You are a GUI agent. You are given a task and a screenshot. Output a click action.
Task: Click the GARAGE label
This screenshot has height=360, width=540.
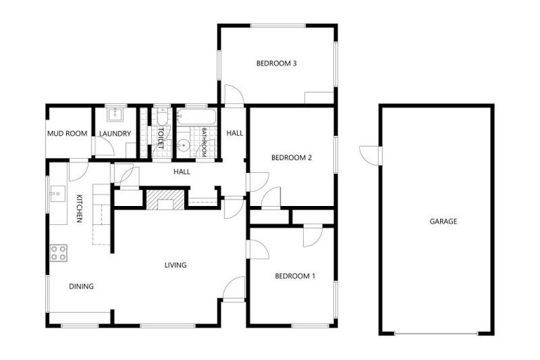tap(443, 221)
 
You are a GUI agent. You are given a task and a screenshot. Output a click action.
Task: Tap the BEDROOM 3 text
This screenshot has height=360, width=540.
tap(276, 63)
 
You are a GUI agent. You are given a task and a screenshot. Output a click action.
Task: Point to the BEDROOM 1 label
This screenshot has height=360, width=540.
tap(295, 276)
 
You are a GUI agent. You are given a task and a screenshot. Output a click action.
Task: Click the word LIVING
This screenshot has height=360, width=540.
tap(175, 265)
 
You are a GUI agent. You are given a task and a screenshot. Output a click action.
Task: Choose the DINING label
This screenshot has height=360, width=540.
tap(81, 286)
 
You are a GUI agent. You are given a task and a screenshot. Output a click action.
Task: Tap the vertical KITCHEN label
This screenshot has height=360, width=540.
tap(79, 209)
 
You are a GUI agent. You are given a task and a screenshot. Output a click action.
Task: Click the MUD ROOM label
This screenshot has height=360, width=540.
tap(67, 134)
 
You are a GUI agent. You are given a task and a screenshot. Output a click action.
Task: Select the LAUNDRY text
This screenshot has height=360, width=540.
tap(114, 134)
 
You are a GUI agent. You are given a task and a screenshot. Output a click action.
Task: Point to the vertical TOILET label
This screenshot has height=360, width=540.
tap(161, 135)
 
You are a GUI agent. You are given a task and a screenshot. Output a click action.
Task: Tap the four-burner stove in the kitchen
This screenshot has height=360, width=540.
tap(58, 252)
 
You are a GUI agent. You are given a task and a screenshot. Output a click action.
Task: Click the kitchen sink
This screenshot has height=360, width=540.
tap(56, 192)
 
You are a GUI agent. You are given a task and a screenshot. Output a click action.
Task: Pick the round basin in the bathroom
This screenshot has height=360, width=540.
tap(183, 146)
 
